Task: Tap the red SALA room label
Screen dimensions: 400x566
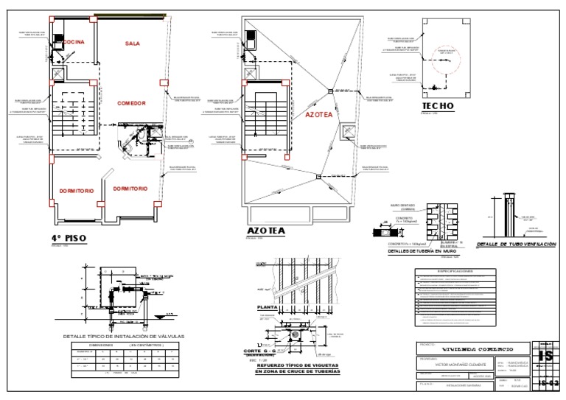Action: [133, 44]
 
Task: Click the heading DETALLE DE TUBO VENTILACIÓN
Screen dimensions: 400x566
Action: [516, 244]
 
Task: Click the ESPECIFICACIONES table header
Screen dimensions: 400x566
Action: [455, 271]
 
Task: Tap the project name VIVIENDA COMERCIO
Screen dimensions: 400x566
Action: [489, 348]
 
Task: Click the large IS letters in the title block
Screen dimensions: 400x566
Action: [546, 356]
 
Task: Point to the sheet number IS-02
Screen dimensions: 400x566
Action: [548, 383]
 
